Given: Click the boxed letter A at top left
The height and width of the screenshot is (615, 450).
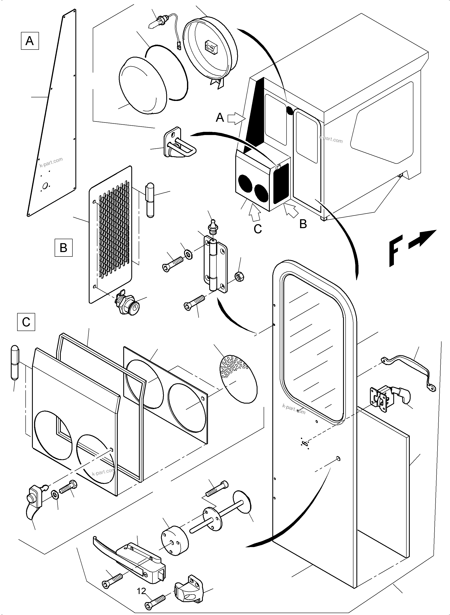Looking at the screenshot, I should point(30,41).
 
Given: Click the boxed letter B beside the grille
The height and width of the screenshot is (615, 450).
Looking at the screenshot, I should point(64,248).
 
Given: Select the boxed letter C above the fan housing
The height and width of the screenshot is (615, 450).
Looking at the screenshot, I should point(26,322).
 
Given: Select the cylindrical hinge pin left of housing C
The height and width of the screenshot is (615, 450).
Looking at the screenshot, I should point(15,362).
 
